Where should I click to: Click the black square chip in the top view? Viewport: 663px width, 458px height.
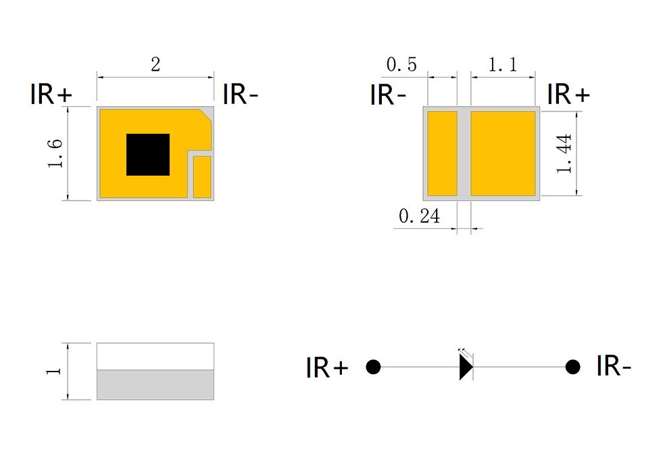148,155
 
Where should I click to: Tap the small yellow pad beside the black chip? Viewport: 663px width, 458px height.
202,176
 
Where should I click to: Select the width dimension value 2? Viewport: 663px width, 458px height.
155,65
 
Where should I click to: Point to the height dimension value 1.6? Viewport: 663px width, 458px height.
55,153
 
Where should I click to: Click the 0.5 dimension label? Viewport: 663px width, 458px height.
401,65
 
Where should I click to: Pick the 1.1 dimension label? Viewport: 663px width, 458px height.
503,65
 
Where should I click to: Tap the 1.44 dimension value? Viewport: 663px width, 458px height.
564,153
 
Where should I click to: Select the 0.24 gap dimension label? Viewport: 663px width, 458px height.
420,216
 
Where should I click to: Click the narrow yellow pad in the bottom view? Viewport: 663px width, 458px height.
442,154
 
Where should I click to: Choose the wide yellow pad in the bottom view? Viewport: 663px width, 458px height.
504,154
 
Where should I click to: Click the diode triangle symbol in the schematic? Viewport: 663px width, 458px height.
466,367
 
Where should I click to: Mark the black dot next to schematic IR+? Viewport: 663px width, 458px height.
373,367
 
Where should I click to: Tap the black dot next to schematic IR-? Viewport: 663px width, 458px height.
572,367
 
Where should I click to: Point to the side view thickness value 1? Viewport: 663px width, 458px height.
54,372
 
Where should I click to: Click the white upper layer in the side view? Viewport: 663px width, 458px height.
155,357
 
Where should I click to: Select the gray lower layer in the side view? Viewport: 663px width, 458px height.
155,385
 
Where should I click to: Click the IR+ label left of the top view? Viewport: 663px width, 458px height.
51,94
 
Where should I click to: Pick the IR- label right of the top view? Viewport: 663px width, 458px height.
241,94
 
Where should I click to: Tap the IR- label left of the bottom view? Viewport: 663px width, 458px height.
388,95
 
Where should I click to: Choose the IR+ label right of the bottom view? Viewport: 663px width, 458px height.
568,94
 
